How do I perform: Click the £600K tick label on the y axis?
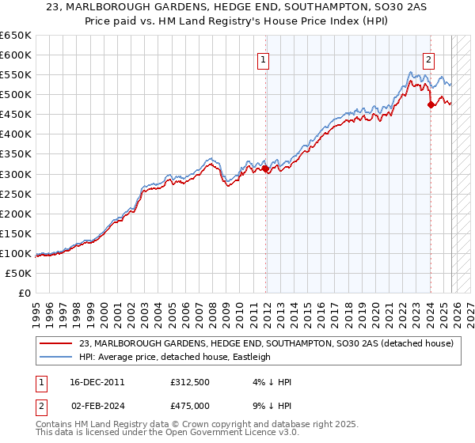click(x=16, y=55)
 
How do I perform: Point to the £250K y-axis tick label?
click(x=16, y=194)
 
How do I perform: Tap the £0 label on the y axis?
click(x=24, y=293)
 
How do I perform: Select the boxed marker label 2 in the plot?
click(x=428, y=59)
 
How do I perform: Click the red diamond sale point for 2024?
click(x=431, y=104)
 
